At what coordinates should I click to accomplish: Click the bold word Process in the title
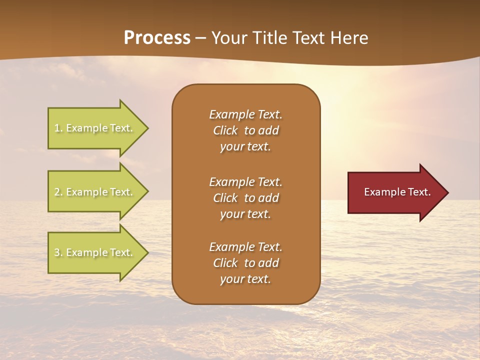coord(157,38)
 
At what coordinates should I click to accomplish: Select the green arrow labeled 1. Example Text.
coord(95,128)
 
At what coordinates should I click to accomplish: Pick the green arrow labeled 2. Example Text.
coord(95,192)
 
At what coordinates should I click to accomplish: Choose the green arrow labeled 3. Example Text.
coord(95,252)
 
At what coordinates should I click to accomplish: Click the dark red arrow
coord(395,192)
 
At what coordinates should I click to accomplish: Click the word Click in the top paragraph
coord(225,130)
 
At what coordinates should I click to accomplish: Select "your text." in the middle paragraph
coord(245,214)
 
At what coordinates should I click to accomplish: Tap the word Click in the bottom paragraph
coord(225,263)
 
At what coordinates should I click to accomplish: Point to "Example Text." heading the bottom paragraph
coord(245,247)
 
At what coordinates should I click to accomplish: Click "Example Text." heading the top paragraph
coord(245,114)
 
